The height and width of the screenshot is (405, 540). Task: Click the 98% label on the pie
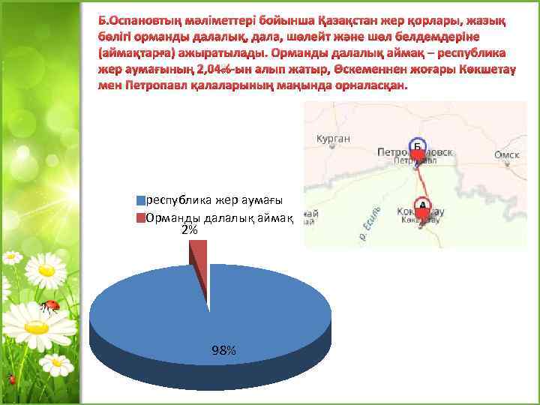point(224,350)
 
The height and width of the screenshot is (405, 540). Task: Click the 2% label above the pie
point(190,230)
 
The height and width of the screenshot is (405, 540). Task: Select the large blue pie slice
point(210,315)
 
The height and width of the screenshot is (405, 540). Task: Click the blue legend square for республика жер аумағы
point(140,200)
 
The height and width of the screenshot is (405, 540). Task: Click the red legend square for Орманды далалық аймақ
point(140,218)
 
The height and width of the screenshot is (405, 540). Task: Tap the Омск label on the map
point(507,154)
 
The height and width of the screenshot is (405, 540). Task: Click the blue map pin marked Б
point(417,147)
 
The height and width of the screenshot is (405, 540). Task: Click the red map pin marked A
point(422,206)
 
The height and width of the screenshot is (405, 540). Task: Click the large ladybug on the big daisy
point(50,305)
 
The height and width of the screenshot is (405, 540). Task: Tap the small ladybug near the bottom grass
point(11,379)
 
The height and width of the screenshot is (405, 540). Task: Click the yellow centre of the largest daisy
point(31,327)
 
